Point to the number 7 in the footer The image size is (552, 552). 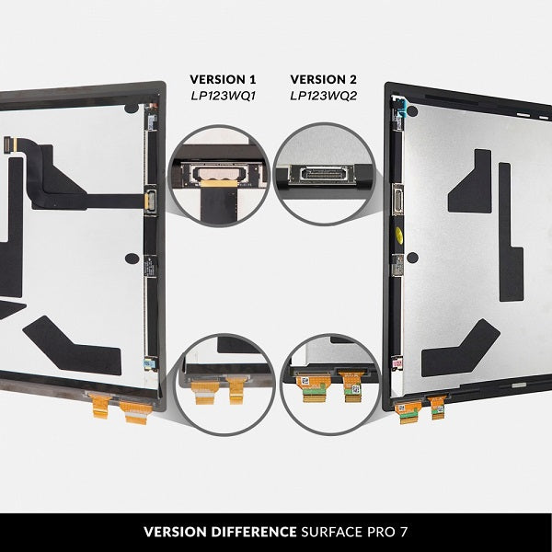[403, 532]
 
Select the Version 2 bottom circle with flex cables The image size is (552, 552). [328, 383]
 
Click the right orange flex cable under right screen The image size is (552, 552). [437, 406]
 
